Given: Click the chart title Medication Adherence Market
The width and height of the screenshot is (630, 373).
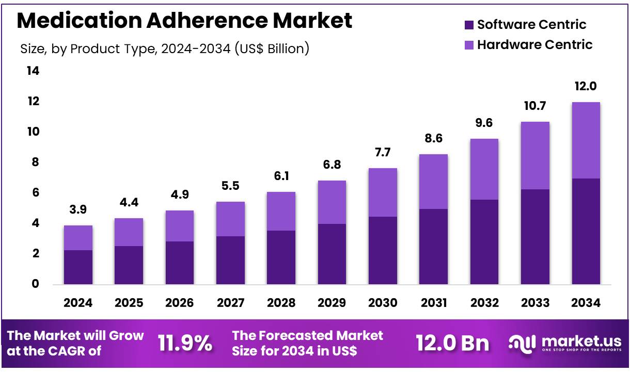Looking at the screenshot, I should (184, 21).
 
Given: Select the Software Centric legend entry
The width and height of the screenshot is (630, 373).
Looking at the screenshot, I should (526, 24).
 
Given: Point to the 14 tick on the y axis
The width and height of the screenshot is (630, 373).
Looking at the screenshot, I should (33, 71).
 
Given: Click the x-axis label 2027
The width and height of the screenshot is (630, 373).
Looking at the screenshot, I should (230, 303).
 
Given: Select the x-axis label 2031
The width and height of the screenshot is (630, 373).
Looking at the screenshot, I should (433, 303).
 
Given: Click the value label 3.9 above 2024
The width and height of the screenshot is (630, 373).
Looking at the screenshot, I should (78, 210).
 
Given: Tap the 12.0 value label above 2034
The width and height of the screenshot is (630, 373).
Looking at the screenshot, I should (586, 86).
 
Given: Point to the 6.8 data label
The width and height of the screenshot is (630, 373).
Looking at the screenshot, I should (332, 165).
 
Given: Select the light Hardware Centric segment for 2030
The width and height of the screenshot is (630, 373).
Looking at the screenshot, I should (383, 192).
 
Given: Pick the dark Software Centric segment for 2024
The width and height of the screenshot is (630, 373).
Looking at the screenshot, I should (78, 267).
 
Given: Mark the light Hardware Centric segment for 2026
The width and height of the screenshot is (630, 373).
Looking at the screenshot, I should (179, 226).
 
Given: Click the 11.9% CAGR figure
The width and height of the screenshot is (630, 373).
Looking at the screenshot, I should (185, 343).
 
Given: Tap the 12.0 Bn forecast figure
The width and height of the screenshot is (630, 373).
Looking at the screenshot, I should (453, 343).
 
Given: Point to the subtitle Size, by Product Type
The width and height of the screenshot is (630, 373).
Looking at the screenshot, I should (165, 49).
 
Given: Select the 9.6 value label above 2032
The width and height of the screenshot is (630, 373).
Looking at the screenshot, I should (484, 123).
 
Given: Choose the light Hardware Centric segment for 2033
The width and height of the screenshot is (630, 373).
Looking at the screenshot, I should (535, 155).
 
